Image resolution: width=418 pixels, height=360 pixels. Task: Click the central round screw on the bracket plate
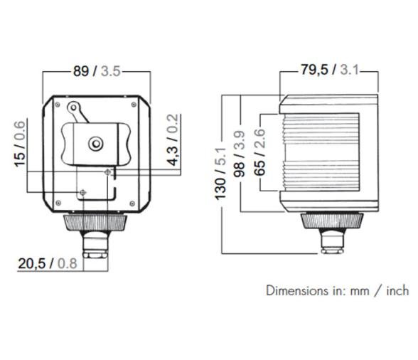tap(95, 143)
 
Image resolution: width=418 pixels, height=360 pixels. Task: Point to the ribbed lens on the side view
tap(317, 152)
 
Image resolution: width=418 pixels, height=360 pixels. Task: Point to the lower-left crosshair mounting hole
tap(84, 192)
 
